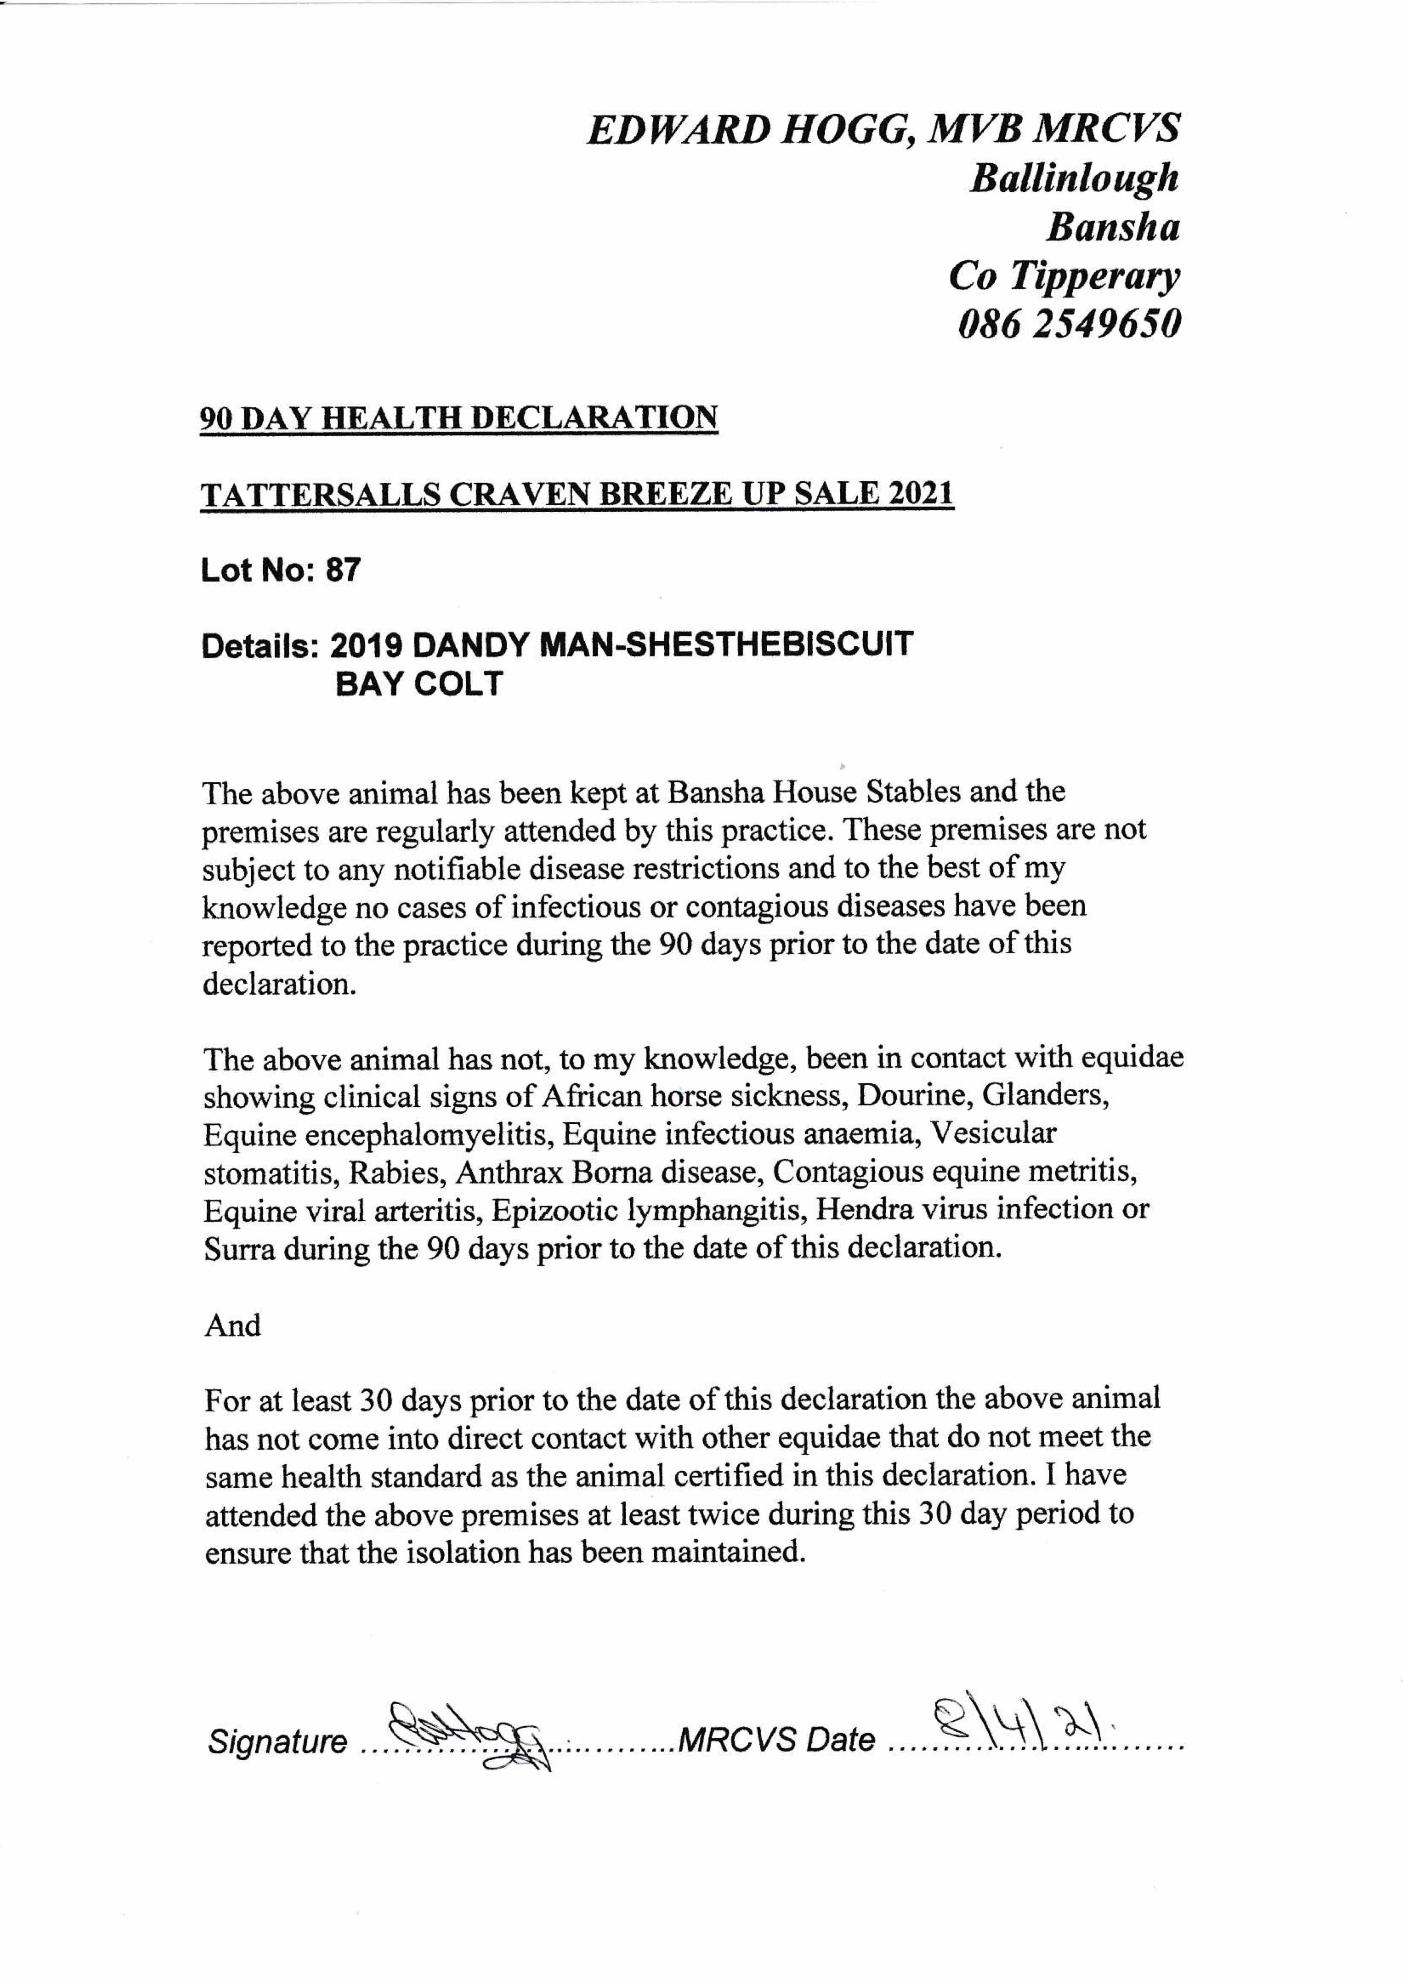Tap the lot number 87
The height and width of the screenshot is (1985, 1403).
[x=343, y=570]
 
